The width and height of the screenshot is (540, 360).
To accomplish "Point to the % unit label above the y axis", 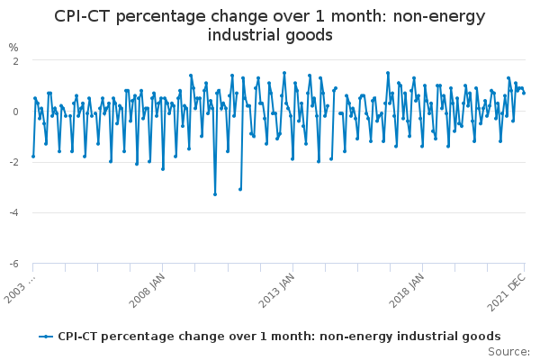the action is [x=13, y=48].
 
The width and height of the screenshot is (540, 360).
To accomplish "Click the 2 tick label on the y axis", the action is [x=15, y=61].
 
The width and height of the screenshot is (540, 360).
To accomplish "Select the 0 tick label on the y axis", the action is [x=15, y=112].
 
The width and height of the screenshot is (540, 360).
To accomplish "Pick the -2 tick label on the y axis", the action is [x=14, y=162].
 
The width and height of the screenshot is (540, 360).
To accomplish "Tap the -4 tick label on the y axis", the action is [x=14, y=213].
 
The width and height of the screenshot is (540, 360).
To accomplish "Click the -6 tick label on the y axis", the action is [x=14, y=264].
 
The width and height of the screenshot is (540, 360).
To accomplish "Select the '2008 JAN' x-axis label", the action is [x=147, y=291].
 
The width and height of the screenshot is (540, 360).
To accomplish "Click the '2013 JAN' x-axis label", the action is [x=277, y=291].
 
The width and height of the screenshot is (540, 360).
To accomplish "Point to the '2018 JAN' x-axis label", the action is [x=407, y=291].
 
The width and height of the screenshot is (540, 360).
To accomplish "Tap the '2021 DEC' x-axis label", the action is [x=507, y=292].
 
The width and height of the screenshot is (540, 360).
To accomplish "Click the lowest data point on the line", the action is [x=215, y=194].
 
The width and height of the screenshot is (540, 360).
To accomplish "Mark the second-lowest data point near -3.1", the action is [x=240, y=190].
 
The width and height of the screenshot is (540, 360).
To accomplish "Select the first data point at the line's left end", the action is [x=33, y=157].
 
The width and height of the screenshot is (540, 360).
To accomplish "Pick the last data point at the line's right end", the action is [x=524, y=93].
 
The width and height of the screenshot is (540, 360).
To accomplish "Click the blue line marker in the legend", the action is [x=46, y=337].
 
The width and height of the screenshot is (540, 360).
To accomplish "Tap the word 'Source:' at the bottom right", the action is [x=508, y=352].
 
